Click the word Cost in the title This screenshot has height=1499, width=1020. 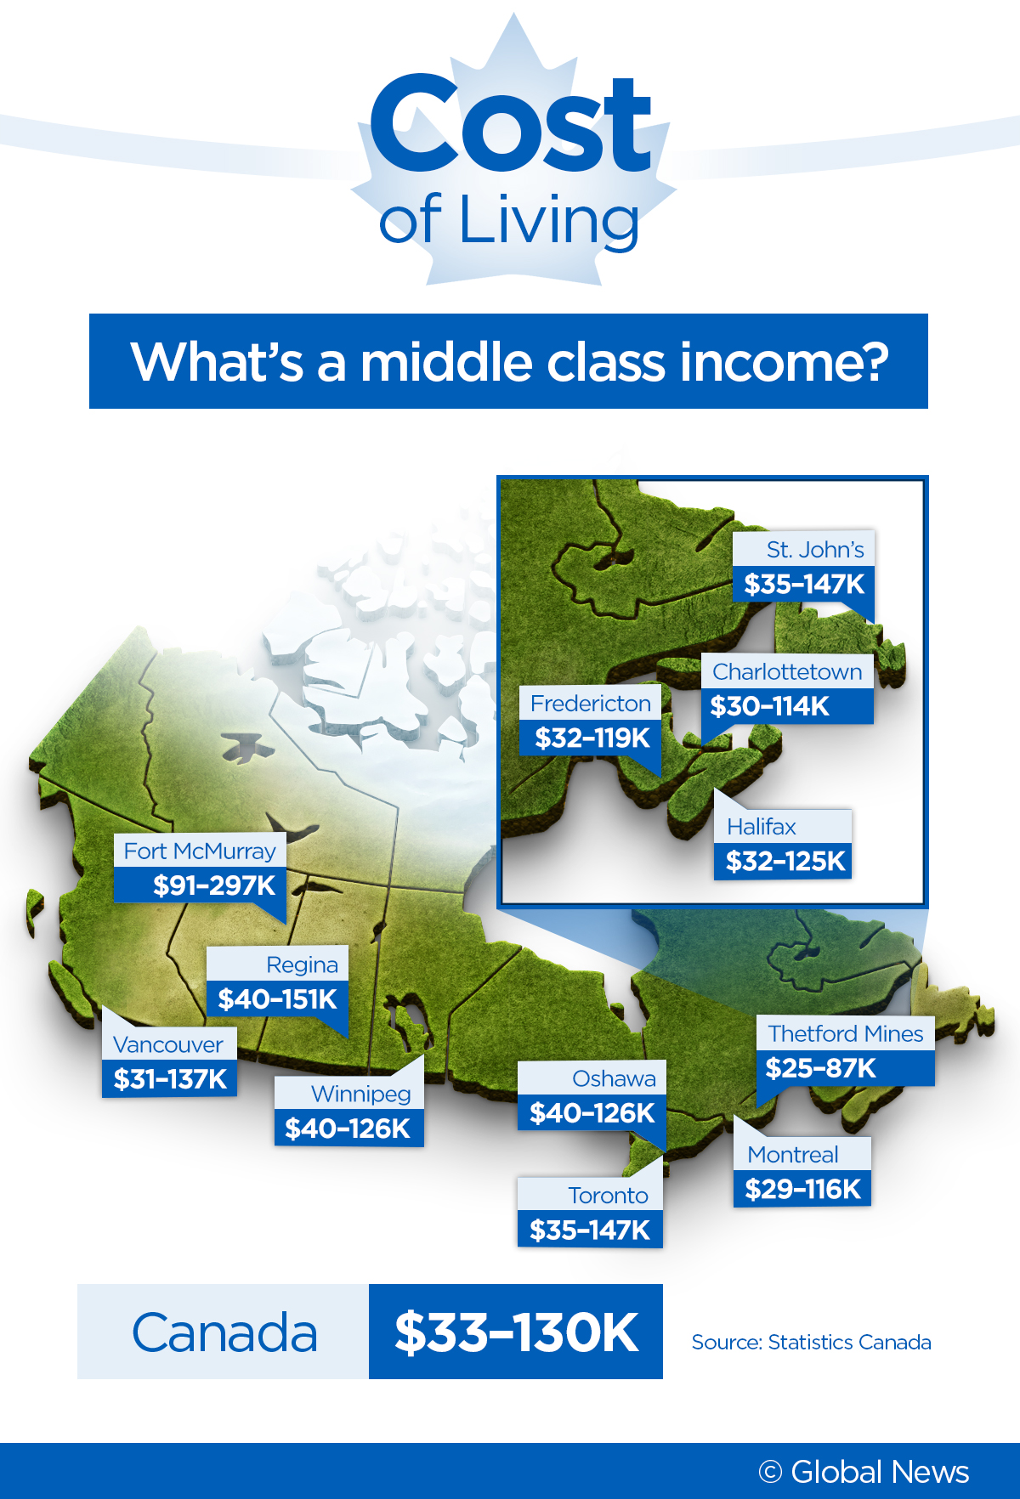click(510, 123)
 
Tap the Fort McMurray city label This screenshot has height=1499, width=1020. click(200, 851)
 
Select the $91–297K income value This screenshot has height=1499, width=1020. click(213, 885)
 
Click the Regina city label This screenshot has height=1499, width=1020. click(302, 964)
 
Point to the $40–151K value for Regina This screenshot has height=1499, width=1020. click(277, 999)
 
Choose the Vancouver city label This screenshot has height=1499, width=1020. click(168, 1044)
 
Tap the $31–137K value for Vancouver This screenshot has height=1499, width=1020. click(170, 1079)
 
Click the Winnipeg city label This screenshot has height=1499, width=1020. click(360, 1094)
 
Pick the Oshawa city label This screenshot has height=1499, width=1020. click(614, 1078)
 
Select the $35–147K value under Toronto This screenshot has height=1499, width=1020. click(590, 1230)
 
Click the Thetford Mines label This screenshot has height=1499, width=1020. click(846, 1033)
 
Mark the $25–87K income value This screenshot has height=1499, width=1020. click(820, 1068)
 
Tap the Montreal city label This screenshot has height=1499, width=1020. click(793, 1154)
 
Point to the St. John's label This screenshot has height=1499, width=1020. click(815, 550)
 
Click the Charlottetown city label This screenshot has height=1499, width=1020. click(787, 672)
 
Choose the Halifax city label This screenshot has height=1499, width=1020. click(762, 827)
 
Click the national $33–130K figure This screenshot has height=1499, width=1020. click(516, 1332)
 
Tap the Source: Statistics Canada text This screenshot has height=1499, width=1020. click(811, 1342)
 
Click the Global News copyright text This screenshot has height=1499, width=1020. click(864, 1472)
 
